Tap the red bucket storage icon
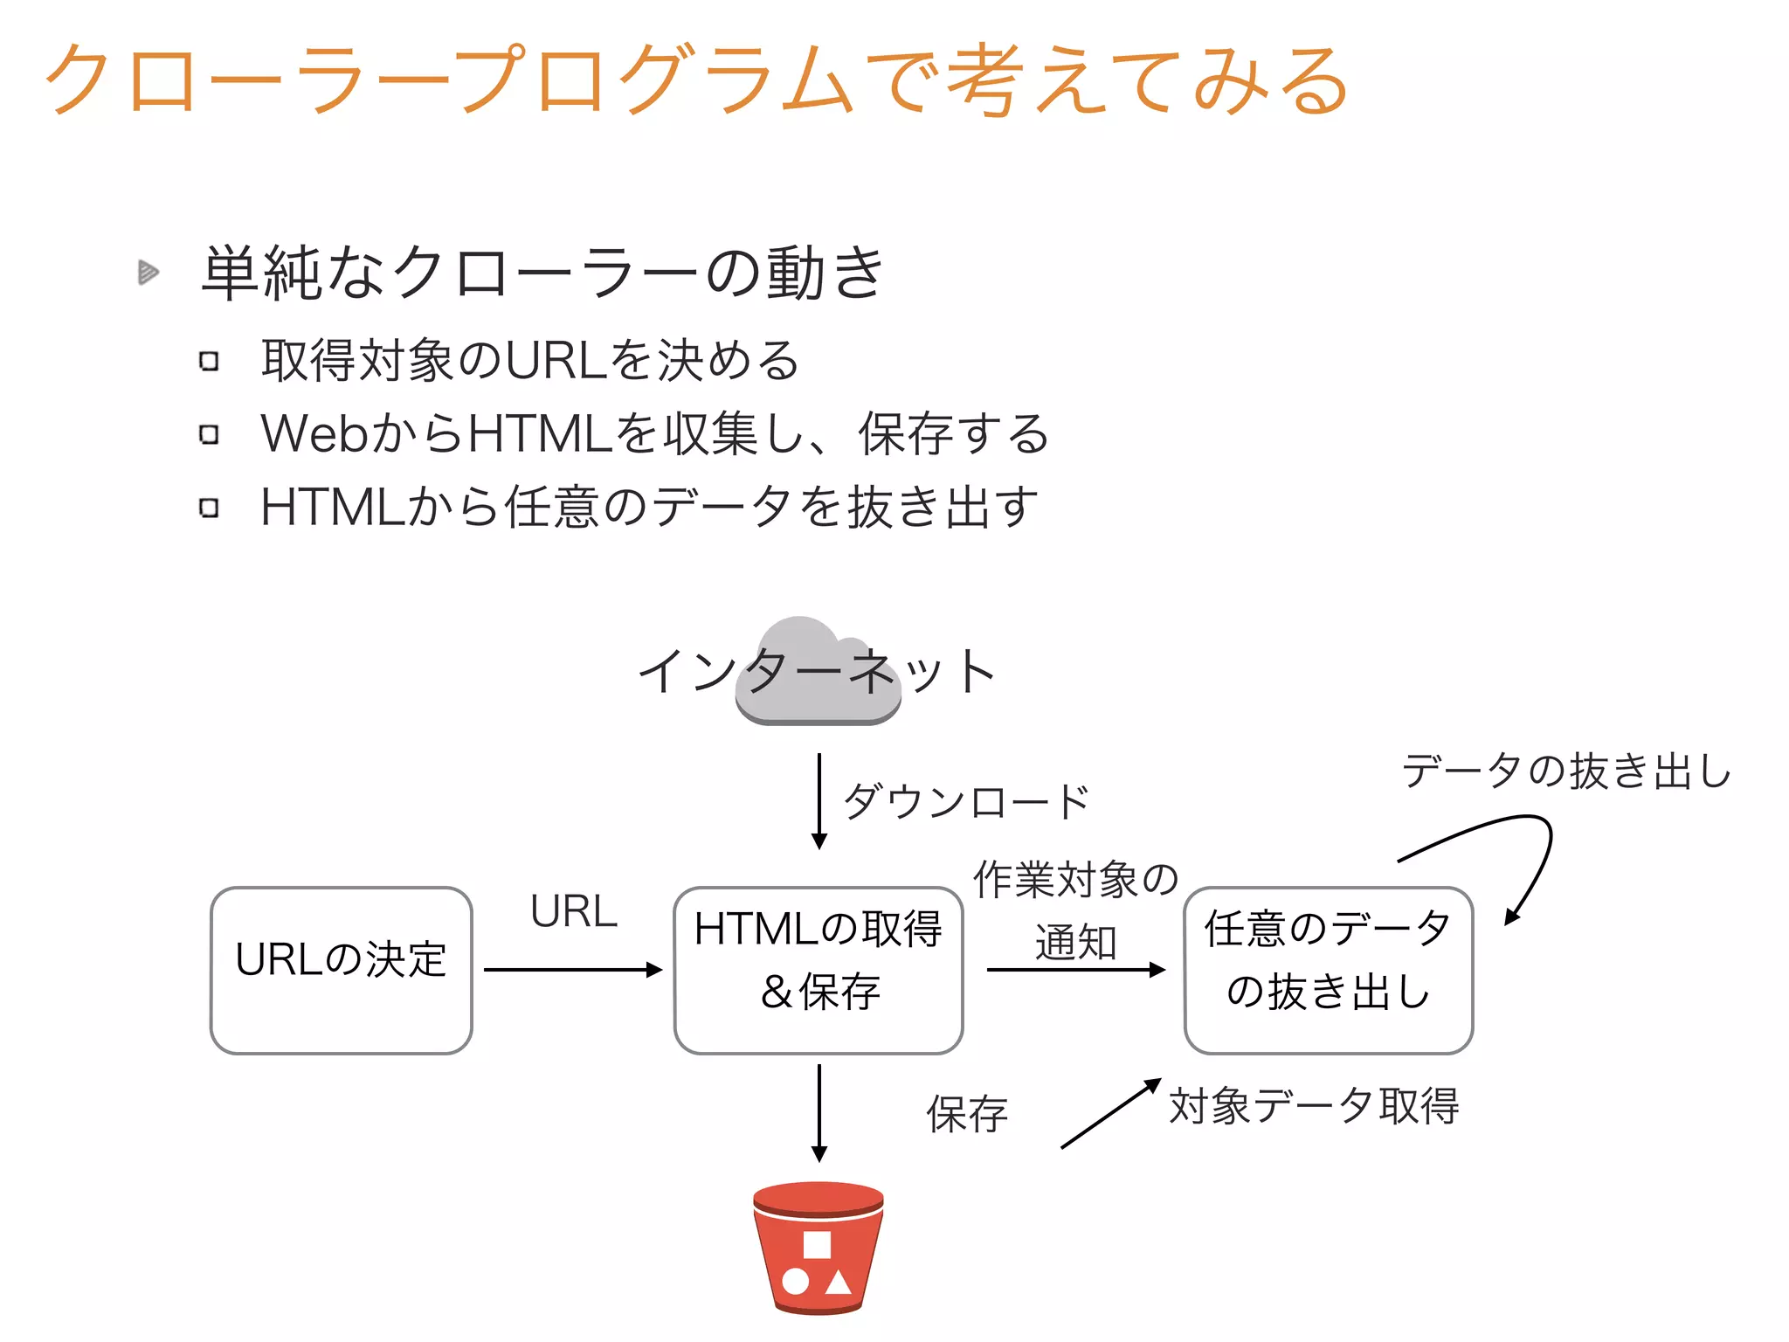click(x=819, y=1248)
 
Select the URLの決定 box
click(x=342, y=970)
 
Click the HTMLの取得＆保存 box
click(x=819, y=970)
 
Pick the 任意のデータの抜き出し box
click(x=1328, y=970)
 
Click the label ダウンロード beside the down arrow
click(x=966, y=801)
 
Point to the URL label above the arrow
click(x=574, y=912)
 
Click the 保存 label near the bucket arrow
click(x=967, y=1114)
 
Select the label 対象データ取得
click(x=1314, y=1106)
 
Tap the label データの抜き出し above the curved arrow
click(x=1566, y=771)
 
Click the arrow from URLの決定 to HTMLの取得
click(x=572, y=970)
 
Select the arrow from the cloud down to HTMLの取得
click(x=819, y=799)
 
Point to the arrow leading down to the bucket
click(x=819, y=1112)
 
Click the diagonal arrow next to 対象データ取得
click(x=1110, y=1114)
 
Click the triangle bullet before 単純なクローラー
click(x=149, y=273)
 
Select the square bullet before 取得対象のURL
click(x=209, y=361)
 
